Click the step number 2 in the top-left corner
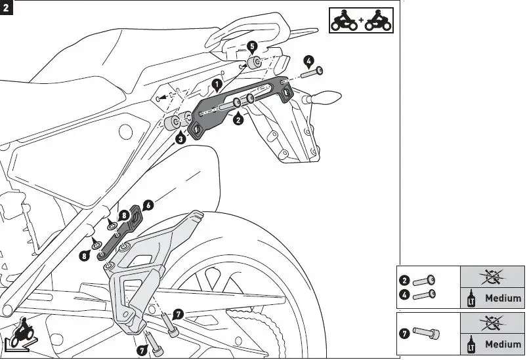[7, 9]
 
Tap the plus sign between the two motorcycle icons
[360, 22]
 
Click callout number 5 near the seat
[253, 46]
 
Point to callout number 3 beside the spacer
[180, 138]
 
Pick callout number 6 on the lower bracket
[148, 205]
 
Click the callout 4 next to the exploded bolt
[309, 61]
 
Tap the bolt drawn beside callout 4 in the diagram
[311, 72]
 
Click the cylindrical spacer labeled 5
[252, 64]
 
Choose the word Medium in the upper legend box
[503, 298]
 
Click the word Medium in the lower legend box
[503, 344]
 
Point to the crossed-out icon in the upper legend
[491, 276]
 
